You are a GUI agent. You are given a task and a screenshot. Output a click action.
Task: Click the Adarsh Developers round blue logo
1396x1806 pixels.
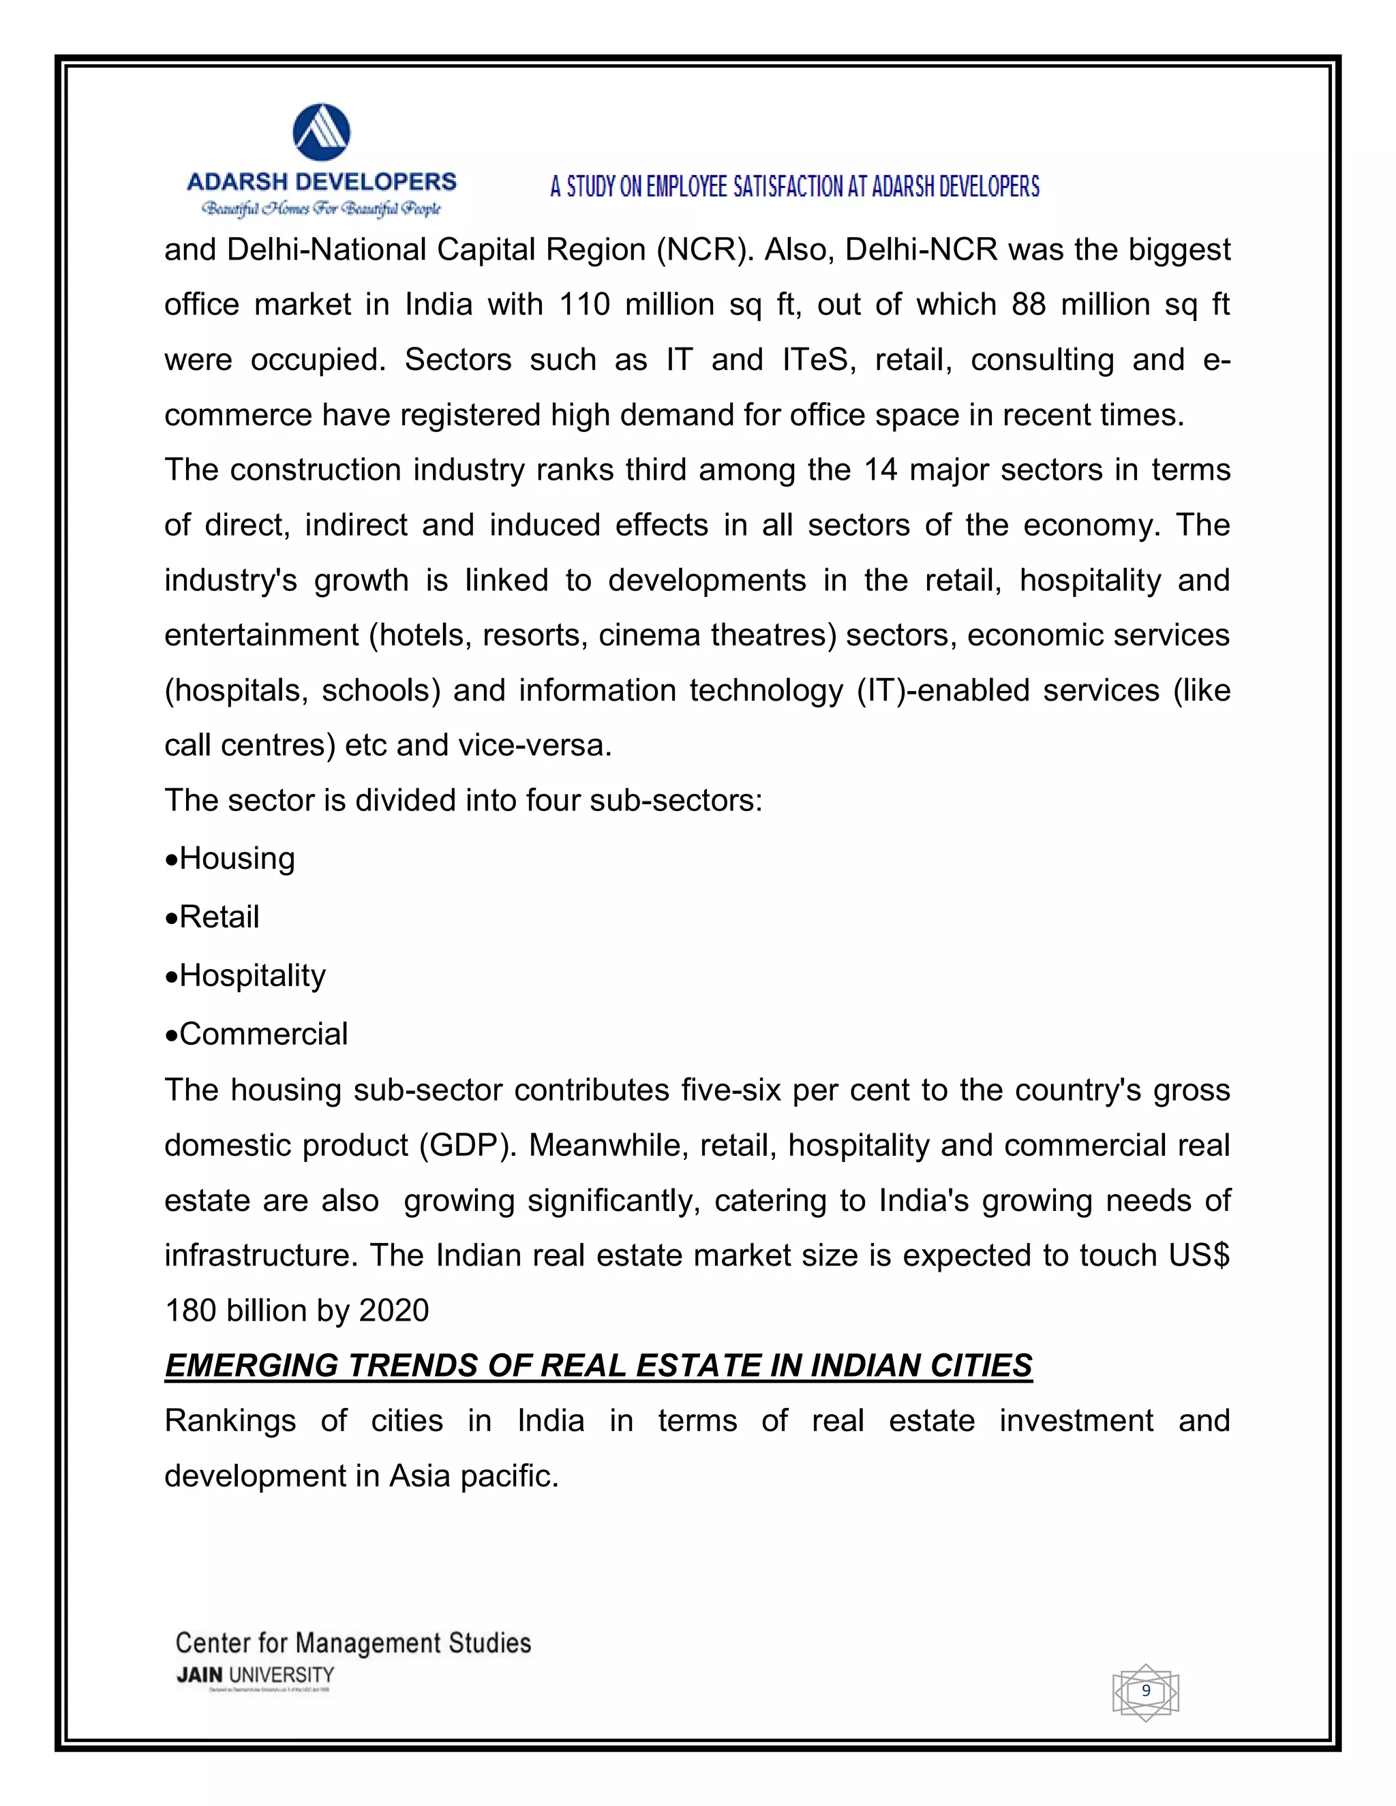(321, 132)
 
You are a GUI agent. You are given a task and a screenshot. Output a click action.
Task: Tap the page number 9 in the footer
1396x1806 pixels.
(1145, 1690)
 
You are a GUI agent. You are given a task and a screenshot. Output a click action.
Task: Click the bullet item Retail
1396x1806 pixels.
(219, 917)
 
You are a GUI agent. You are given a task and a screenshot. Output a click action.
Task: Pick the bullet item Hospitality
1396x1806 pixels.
(252, 976)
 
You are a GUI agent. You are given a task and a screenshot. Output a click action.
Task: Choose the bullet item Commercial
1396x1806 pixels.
(263, 1035)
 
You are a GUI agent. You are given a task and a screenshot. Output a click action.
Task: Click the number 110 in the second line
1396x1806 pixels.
(584, 305)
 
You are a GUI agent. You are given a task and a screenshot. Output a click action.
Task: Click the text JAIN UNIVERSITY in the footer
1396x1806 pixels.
(255, 1675)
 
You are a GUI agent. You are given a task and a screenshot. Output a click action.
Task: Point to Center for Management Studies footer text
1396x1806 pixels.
(353, 1642)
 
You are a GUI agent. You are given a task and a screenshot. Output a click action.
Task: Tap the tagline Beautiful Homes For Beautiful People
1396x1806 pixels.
(322, 209)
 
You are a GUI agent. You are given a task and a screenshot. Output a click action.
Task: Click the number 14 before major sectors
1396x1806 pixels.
(880, 470)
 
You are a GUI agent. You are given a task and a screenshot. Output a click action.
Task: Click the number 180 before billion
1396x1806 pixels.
(190, 1311)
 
